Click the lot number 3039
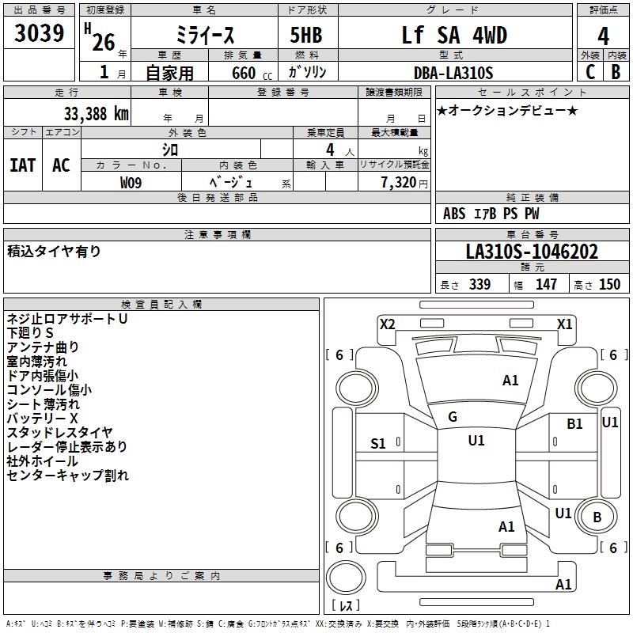pos(40,34)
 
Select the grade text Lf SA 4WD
pos(454,36)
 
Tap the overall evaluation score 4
pos(603,36)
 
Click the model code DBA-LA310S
pos(453,73)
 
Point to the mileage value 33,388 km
pos(96,113)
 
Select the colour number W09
pos(131,182)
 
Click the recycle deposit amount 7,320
pos(398,182)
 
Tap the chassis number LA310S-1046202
pos(532,252)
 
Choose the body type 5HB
pos(301,36)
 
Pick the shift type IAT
pos(22,165)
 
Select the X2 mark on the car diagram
pos(387,324)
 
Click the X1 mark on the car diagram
pos(564,324)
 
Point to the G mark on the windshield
pos(453,417)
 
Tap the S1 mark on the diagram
pos(378,444)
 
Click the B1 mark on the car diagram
pos(574,424)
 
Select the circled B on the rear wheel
pos(597,517)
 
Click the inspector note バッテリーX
pos(43,418)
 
